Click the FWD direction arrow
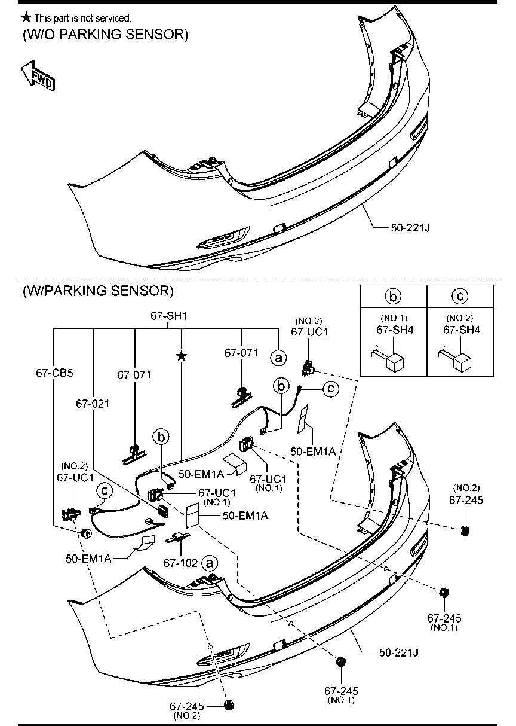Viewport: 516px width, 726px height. coord(38,76)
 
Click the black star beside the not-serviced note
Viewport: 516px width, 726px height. coord(26,17)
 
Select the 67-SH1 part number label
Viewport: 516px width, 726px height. coord(168,316)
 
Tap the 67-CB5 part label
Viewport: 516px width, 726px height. coord(54,373)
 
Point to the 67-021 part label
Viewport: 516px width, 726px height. coord(93,404)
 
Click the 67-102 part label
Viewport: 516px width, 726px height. coord(180,563)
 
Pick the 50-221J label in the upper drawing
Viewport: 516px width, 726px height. coord(410,228)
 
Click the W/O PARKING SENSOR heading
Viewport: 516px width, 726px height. coord(106,34)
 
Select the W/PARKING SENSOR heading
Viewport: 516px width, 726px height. coord(98,291)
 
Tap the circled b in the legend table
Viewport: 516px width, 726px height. coord(393,296)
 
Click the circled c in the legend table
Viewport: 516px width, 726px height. coord(460,296)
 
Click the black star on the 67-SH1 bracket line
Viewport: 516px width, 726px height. coord(182,356)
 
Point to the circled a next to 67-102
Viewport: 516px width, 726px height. coord(210,563)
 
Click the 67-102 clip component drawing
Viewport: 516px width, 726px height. coord(178,538)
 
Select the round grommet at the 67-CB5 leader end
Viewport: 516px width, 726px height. coord(87,533)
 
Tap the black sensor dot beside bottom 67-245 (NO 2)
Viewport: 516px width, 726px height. coord(229,704)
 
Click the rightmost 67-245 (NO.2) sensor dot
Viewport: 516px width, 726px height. coord(465,531)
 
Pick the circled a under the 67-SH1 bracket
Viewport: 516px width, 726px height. coord(278,358)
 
